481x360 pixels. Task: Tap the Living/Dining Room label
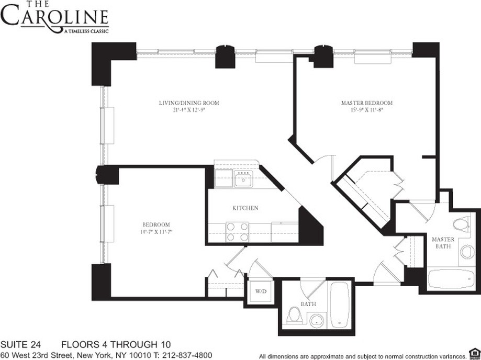(189, 103)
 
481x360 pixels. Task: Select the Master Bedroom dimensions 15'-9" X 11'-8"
(366, 110)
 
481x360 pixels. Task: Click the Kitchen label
(245, 208)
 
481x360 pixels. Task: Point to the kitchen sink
(243, 181)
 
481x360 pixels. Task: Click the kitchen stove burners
(237, 232)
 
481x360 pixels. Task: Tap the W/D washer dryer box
(260, 291)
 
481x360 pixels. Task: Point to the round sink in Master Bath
(467, 252)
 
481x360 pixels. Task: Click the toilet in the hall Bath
(294, 316)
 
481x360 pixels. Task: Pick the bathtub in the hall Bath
(340, 305)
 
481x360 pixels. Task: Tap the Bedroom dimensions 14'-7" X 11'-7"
(155, 231)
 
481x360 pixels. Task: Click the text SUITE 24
(22, 345)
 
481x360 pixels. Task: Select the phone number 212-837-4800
(187, 355)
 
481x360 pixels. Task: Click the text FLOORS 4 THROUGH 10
(116, 345)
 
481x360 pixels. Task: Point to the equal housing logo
(474, 351)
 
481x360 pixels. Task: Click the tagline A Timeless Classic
(85, 32)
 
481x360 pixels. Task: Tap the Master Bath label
(443, 243)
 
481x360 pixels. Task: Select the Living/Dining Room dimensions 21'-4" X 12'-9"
(189, 110)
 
